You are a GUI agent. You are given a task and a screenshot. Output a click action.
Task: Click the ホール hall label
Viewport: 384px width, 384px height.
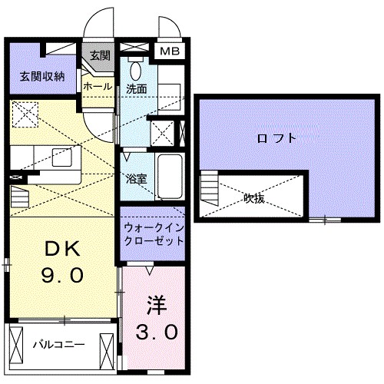pyautogui.click(x=98, y=87)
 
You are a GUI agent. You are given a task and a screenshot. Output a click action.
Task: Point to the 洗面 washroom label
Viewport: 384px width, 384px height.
pyautogui.click(x=137, y=88)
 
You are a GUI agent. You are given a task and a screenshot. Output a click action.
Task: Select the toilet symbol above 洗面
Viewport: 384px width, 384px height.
pyautogui.click(x=136, y=70)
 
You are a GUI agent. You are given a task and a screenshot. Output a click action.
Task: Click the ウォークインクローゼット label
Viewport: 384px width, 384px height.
pyautogui.click(x=154, y=233)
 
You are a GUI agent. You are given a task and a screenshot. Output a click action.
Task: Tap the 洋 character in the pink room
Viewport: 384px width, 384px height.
pyautogui.click(x=157, y=304)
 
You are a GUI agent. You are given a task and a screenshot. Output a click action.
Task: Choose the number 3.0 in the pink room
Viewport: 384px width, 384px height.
pyautogui.click(x=158, y=332)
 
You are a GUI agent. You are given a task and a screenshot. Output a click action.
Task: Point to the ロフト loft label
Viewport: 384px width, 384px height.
pyautogui.click(x=274, y=138)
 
